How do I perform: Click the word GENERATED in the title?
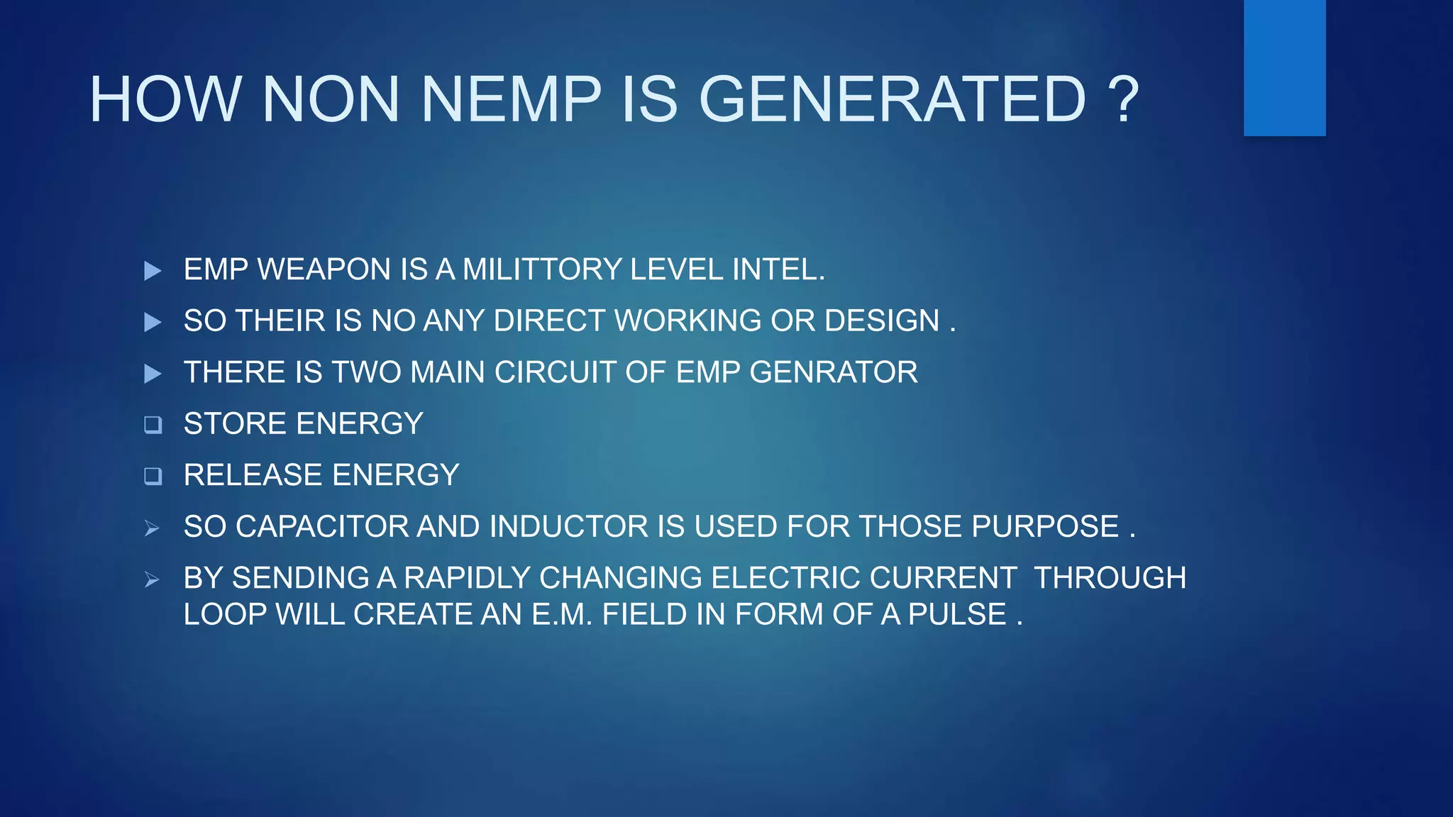point(892,99)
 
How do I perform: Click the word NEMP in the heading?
point(511,99)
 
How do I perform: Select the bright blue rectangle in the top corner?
point(1284,67)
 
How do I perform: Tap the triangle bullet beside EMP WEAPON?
point(153,271)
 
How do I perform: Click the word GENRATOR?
point(833,372)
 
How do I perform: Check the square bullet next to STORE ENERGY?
point(153,425)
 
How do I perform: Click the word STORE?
point(236,423)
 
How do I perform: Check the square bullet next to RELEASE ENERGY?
point(153,476)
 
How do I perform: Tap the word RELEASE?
point(253,475)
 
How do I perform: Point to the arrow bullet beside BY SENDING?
point(152,579)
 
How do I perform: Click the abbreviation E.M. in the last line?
point(562,614)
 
